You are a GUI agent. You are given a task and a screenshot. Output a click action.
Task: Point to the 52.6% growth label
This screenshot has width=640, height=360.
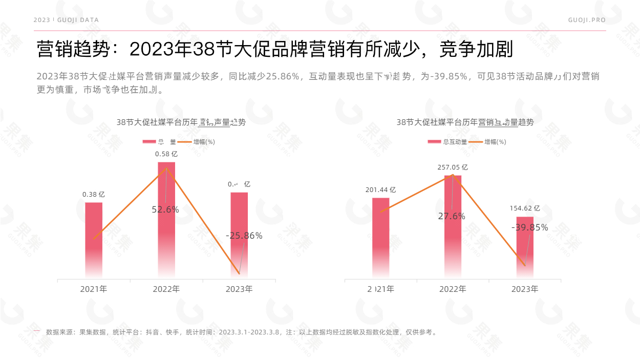(165, 209)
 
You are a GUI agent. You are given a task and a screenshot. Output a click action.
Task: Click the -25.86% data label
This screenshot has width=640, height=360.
(244, 236)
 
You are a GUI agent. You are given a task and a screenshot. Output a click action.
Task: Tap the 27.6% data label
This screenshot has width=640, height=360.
(452, 217)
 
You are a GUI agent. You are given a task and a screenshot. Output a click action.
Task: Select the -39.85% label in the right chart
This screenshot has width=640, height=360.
(529, 227)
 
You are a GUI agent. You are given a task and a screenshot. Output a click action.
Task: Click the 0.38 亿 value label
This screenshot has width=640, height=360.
(94, 195)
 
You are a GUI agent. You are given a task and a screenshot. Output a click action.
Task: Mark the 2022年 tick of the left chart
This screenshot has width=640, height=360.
(166, 289)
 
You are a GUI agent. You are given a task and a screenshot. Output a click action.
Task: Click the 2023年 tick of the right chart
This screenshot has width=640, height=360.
(525, 289)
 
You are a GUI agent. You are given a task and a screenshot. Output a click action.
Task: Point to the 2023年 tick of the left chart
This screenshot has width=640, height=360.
(239, 289)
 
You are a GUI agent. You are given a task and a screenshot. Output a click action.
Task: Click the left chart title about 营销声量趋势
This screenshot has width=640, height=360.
(181, 122)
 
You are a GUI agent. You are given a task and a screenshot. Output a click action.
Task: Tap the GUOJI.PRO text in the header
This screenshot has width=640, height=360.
(587, 20)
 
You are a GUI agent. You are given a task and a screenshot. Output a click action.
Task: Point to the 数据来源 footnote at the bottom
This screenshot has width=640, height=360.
(241, 332)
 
